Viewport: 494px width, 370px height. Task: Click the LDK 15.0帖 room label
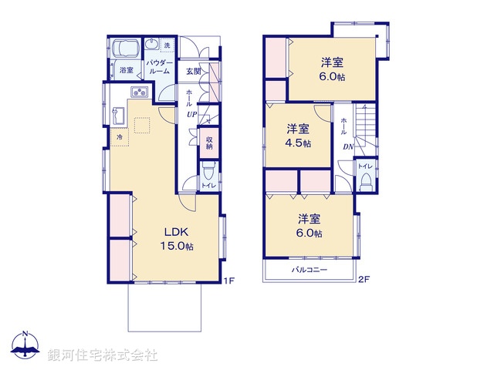[x=177, y=238]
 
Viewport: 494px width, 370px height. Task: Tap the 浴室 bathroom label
[x=126, y=71]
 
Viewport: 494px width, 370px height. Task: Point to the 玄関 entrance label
[x=193, y=72]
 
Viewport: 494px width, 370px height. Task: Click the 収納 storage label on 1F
[x=208, y=143]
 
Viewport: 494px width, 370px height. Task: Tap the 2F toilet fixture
[x=366, y=182]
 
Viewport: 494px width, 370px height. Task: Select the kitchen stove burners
[x=140, y=94]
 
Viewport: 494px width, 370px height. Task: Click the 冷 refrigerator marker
[x=119, y=137]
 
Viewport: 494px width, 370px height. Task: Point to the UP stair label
[x=189, y=114]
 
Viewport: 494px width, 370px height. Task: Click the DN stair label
[x=347, y=147]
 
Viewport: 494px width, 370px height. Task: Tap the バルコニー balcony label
[x=309, y=271]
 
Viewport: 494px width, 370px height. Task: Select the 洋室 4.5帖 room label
[x=299, y=135]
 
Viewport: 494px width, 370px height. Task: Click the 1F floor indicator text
[x=228, y=280]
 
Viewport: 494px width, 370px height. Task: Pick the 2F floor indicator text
[x=364, y=280]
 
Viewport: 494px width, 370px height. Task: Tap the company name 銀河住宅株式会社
[x=103, y=355]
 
